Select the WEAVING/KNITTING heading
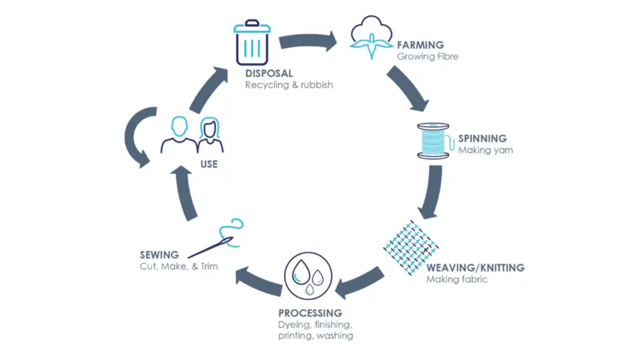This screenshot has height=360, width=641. point(475,268)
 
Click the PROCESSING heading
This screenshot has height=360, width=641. point(310,313)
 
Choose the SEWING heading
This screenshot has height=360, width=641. point(159,254)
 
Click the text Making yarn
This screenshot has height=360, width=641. point(485,150)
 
